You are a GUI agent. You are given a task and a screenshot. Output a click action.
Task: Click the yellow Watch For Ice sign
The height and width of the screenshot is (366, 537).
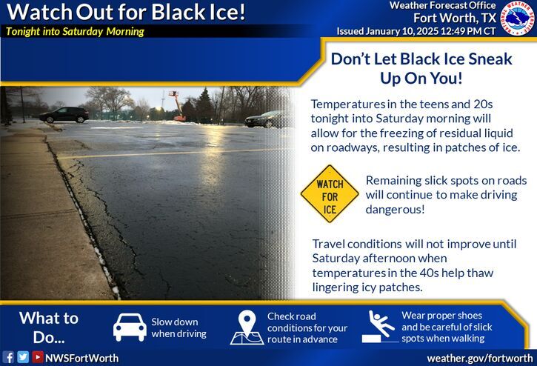coord(330,194)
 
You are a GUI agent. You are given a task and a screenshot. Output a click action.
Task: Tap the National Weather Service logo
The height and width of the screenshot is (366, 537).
coord(519,19)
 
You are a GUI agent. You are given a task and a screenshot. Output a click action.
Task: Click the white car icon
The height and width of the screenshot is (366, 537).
coord(130,327)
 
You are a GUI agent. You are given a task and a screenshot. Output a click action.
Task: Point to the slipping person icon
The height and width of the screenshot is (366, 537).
coord(380,327)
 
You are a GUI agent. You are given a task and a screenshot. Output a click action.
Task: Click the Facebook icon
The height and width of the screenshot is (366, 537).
coord(8,357)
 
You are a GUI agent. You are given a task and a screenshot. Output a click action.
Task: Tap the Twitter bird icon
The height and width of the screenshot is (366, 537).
coord(22,357)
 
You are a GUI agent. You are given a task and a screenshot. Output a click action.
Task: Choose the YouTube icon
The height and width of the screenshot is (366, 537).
coord(37,357)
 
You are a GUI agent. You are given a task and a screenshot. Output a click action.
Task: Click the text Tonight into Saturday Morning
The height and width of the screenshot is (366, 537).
coord(75,31)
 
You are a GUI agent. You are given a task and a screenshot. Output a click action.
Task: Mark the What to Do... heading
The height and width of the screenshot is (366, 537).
coord(48,327)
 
